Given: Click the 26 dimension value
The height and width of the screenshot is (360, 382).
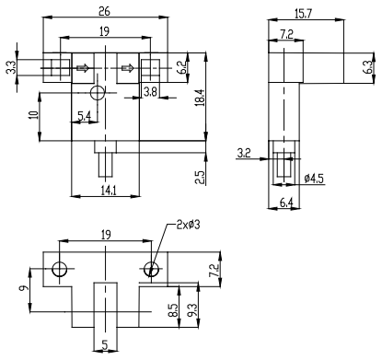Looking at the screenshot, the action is coord(104,11).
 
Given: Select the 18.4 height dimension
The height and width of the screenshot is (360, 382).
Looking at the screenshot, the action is coord(201,98).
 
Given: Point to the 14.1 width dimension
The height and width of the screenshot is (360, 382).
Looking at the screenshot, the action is coord(109,191).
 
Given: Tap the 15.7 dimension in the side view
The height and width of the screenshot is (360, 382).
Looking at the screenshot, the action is coord(303,14).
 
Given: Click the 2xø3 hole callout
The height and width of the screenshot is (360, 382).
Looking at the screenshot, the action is coord(188,225).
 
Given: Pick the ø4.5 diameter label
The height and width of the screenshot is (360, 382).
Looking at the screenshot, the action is coord(314,179).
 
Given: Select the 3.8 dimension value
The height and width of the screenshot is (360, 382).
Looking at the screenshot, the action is coord(150,91).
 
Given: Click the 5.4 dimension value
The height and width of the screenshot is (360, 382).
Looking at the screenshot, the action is coord(85,116).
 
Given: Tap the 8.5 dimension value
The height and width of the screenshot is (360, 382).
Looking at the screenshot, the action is coord(173,310).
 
